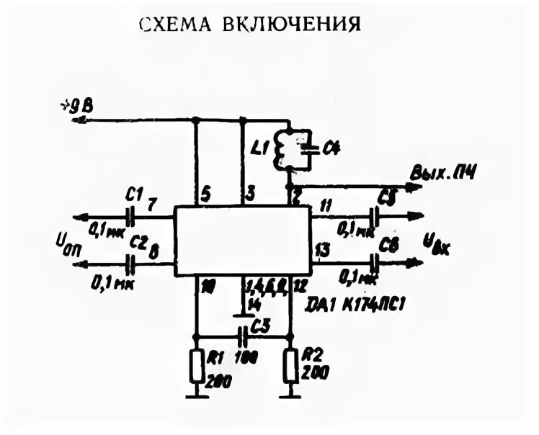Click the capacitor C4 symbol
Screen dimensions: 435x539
click(x=311, y=149)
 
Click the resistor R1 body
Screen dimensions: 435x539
click(x=196, y=367)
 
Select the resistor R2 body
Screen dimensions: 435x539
click(x=291, y=367)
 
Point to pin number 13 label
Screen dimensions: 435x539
click(x=322, y=249)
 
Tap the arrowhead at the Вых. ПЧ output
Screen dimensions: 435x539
click(x=416, y=187)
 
